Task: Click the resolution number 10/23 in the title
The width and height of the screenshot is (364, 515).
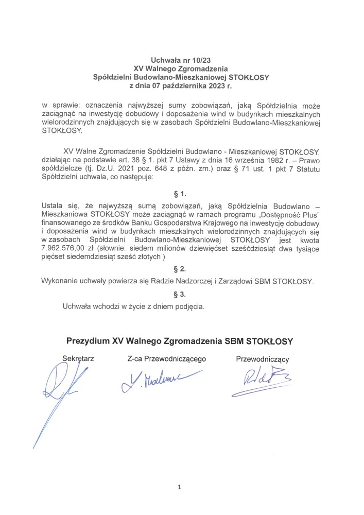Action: pyautogui.click(x=201, y=60)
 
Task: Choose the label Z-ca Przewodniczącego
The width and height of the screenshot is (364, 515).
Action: pyautogui.click(x=167, y=357)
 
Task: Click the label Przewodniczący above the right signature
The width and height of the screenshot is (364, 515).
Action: pyautogui.click(x=263, y=359)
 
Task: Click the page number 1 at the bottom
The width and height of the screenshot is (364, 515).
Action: pyautogui.click(x=180, y=487)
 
